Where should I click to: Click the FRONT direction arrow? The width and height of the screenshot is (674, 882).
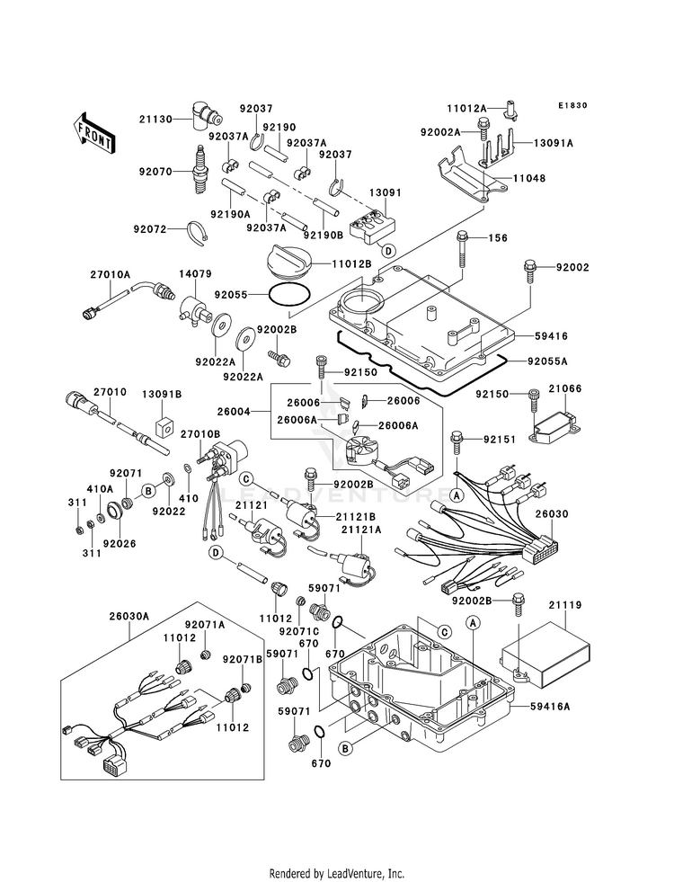point(93,133)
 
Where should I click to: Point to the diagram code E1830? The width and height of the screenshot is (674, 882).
point(572,105)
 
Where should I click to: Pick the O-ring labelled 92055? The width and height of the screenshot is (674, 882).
point(289,294)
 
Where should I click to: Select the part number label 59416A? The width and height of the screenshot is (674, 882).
point(550,706)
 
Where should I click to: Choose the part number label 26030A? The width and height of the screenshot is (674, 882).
point(129,616)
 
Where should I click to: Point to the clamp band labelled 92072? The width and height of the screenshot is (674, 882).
point(198,233)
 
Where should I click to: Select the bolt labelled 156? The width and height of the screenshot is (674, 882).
point(463,249)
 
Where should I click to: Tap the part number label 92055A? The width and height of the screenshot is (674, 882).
point(547,361)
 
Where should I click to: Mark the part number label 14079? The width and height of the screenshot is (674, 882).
point(195,274)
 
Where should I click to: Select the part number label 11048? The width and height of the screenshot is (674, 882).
point(529,178)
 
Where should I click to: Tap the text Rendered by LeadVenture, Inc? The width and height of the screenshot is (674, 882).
point(337,874)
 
